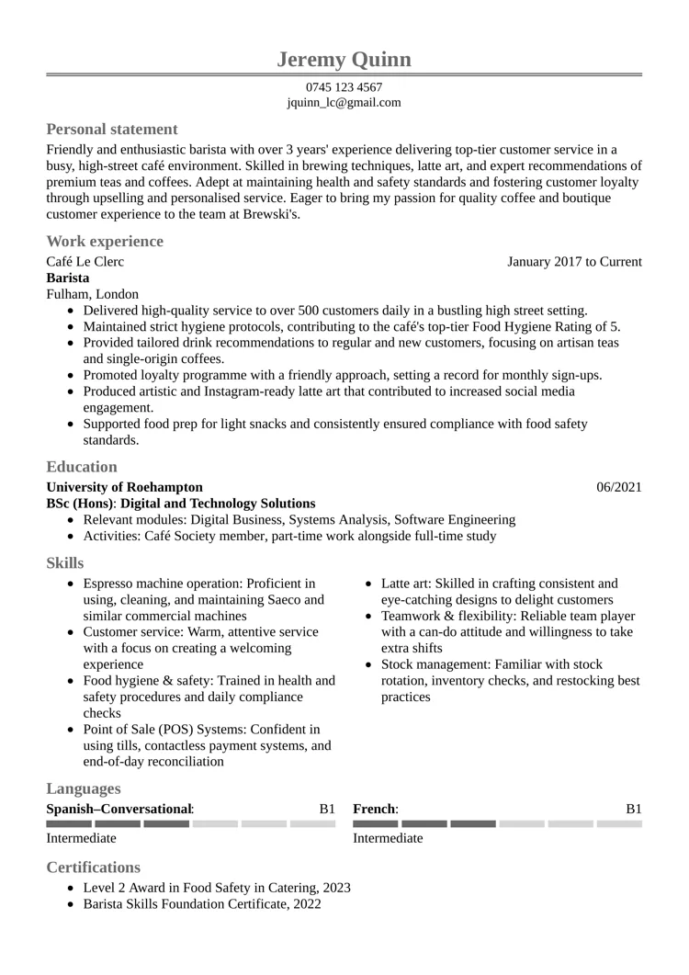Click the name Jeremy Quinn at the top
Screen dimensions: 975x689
344,60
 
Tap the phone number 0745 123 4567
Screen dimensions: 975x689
344,87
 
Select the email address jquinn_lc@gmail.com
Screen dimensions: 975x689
344,102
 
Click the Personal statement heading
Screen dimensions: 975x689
112,129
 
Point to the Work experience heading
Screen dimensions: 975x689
105,241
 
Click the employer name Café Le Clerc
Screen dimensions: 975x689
85,262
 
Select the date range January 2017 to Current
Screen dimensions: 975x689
574,262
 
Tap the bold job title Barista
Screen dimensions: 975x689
68,278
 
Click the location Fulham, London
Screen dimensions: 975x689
93,294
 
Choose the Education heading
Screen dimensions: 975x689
82,466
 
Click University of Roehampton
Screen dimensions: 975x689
124,487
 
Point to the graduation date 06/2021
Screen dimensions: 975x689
619,487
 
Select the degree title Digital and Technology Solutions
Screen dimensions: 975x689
218,504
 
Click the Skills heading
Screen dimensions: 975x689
65,562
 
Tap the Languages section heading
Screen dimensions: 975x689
84,788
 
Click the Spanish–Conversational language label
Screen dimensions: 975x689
119,809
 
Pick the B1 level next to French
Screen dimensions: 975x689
633,809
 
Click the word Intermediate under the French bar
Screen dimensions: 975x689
388,838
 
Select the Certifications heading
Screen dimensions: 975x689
94,867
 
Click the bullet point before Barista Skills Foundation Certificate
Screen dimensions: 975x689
72,905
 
